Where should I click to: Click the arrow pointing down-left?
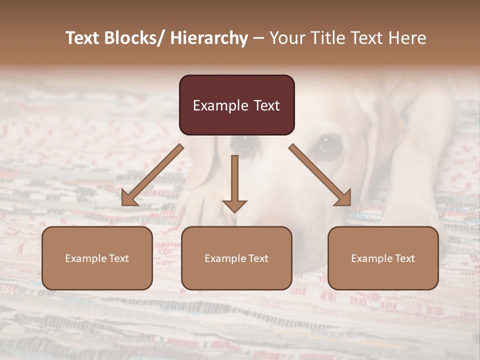[152, 175]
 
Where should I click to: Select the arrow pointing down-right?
[320, 175]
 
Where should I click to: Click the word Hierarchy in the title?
[209, 38]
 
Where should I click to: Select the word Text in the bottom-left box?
[118, 258]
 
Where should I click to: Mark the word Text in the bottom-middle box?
[258, 258]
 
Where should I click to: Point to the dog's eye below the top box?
[244, 142]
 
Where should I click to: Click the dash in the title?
[258, 38]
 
